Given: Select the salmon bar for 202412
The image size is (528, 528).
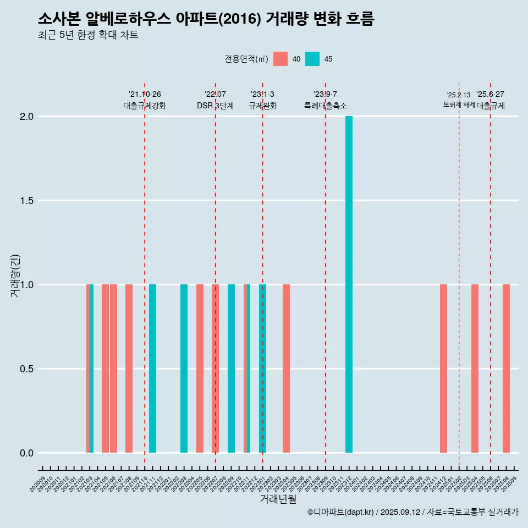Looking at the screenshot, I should (x=443, y=369).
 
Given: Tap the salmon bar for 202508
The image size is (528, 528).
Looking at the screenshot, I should (x=506, y=369).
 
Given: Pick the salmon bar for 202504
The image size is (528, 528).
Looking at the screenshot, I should (x=475, y=369).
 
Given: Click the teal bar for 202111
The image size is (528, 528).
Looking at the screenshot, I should (x=152, y=369).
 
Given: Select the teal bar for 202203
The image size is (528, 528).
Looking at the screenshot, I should (x=184, y=369).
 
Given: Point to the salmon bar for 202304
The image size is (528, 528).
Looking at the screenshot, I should (x=286, y=369).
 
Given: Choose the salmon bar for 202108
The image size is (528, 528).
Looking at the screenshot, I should (x=129, y=369).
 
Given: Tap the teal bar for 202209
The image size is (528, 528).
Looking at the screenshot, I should (x=231, y=369).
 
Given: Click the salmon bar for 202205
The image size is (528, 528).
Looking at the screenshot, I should (x=200, y=369).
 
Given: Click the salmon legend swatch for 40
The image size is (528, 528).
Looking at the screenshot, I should (x=280, y=59).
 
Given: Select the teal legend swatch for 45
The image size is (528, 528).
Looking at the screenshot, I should (x=312, y=59).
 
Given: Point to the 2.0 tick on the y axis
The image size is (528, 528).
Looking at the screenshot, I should (x=28, y=117).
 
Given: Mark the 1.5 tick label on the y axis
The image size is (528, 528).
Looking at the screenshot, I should (x=28, y=201).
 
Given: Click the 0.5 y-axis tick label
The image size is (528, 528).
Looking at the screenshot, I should (x=28, y=369).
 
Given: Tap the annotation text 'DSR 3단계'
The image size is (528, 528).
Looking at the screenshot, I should (x=215, y=106).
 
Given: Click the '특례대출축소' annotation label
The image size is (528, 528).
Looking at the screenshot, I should (x=326, y=106).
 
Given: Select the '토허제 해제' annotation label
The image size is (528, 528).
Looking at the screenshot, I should (x=459, y=105).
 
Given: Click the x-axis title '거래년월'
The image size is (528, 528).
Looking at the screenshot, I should (x=278, y=499).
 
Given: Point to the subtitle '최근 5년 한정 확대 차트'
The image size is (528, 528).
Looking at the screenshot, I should (x=88, y=35).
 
